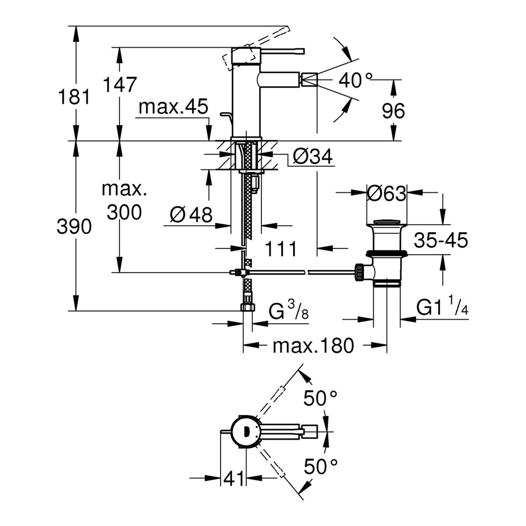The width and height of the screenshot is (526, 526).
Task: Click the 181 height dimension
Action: coord(74,97)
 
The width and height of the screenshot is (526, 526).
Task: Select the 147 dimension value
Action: coord(120,84)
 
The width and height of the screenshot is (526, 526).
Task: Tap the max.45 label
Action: coord(173,107)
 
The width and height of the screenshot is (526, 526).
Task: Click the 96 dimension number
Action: coord(393,111)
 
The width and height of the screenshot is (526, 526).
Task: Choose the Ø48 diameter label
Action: coord(191,215)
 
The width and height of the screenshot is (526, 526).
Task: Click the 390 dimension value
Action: coord(74,227)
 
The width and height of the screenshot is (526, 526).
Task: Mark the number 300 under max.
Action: coord(124,212)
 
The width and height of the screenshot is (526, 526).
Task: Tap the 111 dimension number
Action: coord(281,249)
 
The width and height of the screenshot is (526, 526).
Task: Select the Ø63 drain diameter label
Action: coord(387,194)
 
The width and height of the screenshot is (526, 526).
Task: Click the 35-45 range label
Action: coord(441,240)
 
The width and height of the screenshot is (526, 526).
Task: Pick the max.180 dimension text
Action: coord(313,346)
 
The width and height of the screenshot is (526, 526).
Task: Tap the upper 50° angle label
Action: coord(320,398)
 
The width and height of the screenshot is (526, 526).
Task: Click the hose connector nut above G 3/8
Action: coord(248,307)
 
